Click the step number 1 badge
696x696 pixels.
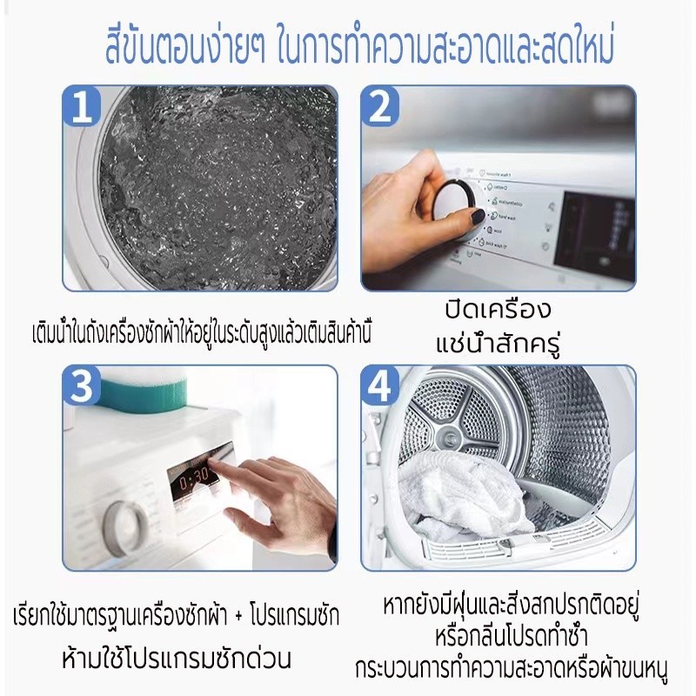pos(81,105)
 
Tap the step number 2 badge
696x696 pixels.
pos(380,105)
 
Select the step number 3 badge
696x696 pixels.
pos(81,385)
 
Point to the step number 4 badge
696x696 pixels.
pos(380,385)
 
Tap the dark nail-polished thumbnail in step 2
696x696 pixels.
pos(478,217)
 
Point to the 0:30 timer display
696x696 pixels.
pos(194,477)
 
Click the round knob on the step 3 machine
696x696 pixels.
pos(124,529)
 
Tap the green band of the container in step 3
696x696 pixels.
pos(141,392)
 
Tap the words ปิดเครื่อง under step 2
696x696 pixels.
pos(498,310)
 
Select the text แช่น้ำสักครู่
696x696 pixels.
pos(498,344)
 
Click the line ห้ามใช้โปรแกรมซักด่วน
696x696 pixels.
pos(177,659)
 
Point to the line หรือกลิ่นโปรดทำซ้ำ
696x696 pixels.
pos(512,637)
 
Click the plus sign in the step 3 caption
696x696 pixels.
pos(238,617)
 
